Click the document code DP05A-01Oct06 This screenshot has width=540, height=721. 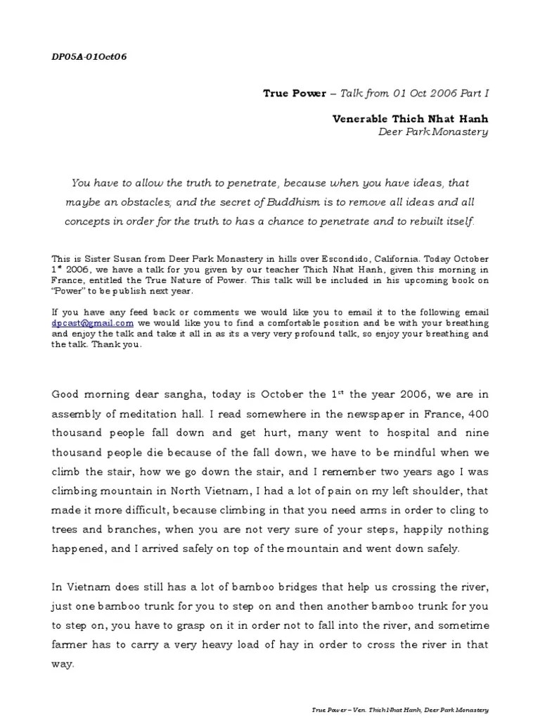(89, 56)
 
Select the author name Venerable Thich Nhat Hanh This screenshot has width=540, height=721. (410, 119)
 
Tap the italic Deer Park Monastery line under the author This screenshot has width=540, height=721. (433, 132)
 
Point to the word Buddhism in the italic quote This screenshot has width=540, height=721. (290, 202)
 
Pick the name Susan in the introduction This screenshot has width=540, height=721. (117, 260)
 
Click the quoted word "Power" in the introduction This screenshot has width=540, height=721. (70, 291)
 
